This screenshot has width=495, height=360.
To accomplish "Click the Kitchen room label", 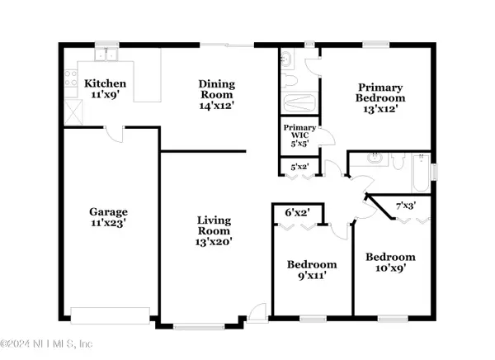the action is click(105, 83).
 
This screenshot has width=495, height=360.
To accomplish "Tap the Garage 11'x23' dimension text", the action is click(109, 223).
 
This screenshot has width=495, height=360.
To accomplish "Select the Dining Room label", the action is click(217, 89).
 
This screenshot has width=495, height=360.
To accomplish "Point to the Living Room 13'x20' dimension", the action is click(214, 242).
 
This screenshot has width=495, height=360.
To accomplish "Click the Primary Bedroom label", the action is click(380, 92).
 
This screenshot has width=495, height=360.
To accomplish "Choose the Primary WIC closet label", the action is click(299, 131).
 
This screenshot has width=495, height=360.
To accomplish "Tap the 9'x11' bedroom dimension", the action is click(312, 276).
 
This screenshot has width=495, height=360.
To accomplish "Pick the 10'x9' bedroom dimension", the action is click(390, 268).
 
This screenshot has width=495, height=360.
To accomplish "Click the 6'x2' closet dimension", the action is click(297, 213).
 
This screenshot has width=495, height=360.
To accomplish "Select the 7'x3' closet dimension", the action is click(406, 206).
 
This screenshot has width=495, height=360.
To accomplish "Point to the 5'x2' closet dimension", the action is click(299, 167).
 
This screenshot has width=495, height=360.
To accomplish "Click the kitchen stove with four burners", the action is click(71, 78).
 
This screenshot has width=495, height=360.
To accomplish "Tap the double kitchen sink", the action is click(106, 54).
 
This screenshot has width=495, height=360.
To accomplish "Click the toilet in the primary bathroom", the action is click(290, 80).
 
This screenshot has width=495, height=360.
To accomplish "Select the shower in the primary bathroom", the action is click(299, 102).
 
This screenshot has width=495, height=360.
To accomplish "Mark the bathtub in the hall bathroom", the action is click(421, 173).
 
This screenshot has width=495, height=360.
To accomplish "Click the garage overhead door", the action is click(111, 315).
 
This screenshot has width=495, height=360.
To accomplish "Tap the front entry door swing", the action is click(258, 312).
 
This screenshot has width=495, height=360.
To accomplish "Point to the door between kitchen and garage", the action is click(115, 135).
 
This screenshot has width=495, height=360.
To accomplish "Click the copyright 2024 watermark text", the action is click(47, 343).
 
